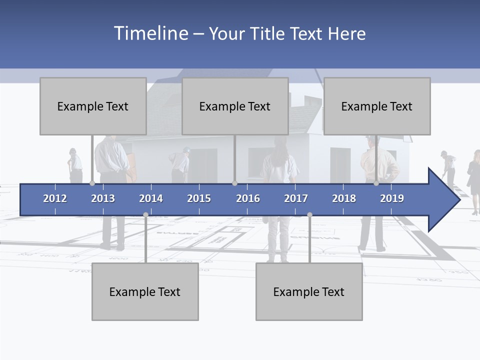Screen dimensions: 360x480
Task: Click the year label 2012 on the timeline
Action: click(x=55, y=198)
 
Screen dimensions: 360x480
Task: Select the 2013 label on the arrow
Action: click(x=103, y=198)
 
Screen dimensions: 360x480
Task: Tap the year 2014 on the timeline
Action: click(x=151, y=198)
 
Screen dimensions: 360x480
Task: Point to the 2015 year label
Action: click(x=199, y=198)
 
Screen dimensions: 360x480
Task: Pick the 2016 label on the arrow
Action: click(x=248, y=198)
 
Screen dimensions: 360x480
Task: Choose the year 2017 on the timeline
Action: click(x=296, y=198)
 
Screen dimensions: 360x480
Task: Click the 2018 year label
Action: click(x=344, y=198)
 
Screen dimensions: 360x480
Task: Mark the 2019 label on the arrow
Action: click(x=392, y=198)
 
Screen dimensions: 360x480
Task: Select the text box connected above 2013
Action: click(x=93, y=106)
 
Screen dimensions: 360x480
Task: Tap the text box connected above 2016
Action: click(x=235, y=106)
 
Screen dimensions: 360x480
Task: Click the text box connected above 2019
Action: click(x=377, y=106)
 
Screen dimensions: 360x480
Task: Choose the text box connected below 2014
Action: click(x=145, y=291)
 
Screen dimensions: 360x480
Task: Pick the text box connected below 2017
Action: click(x=309, y=291)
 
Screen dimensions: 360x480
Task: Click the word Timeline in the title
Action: click(x=150, y=33)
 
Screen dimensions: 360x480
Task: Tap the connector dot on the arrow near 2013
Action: click(x=92, y=183)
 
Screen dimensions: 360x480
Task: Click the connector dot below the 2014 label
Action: click(x=145, y=214)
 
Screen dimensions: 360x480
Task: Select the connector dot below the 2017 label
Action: click(x=309, y=214)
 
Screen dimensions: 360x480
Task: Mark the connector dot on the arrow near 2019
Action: click(x=376, y=183)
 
